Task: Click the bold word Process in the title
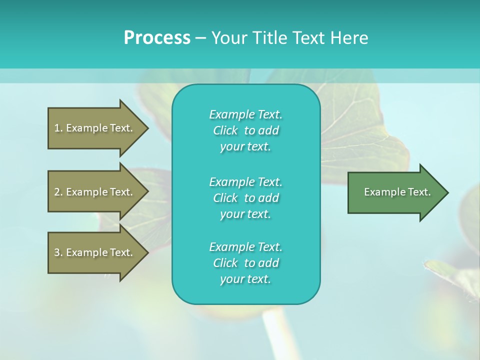157,38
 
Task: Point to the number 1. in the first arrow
58,128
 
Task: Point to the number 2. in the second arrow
58,192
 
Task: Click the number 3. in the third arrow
58,252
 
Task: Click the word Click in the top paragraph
225,130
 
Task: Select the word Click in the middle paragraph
225,198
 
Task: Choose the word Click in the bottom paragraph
225,263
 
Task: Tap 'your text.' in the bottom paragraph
245,279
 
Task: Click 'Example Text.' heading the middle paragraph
245,181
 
